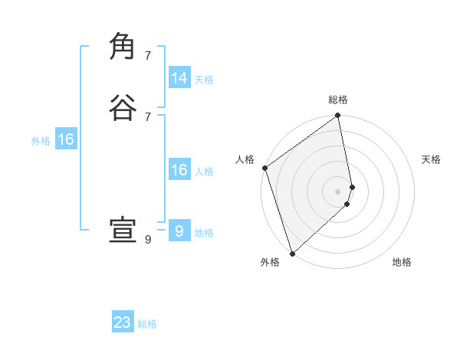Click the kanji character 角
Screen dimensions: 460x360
click(x=123, y=46)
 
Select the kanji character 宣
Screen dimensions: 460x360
click(x=123, y=230)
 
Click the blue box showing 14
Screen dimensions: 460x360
click(x=179, y=78)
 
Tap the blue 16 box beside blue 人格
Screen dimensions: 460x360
click(x=179, y=170)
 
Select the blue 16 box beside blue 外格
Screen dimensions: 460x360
click(x=66, y=139)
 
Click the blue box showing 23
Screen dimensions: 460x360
click(x=123, y=322)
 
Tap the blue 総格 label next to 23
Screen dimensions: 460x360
click(x=147, y=324)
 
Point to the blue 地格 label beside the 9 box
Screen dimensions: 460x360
click(x=204, y=233)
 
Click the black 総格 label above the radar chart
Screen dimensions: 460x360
click(x=338, y=100)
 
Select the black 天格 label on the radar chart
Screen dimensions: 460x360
click(x=432, y=159)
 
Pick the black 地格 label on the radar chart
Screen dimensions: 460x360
click(x=402, y=263)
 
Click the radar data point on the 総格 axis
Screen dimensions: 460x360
click(x=338, y=116)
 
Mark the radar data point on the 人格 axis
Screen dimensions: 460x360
click(x=264, y=168)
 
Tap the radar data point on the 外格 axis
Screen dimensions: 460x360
click(x=292, y=253)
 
